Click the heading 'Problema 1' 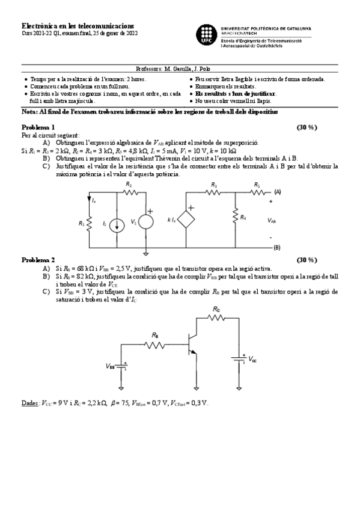tap(38, 127)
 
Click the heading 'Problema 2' tap(38, 260)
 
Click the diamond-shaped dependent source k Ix tap(189, 220)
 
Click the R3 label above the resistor tap(214, 185)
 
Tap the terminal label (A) tap(277, 191)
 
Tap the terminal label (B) tap(276, 247)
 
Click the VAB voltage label tap(272, 221)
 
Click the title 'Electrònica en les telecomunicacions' tap(78, 26)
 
